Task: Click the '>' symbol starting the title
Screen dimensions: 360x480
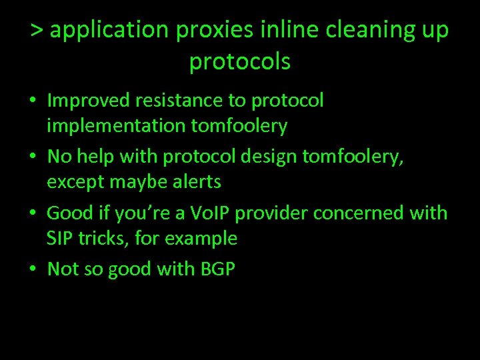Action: (37, 31)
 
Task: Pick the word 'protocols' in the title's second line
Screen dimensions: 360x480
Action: (240, 63)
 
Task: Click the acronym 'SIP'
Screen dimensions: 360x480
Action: (58, 238)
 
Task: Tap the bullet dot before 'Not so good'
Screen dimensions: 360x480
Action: (33, 269)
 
